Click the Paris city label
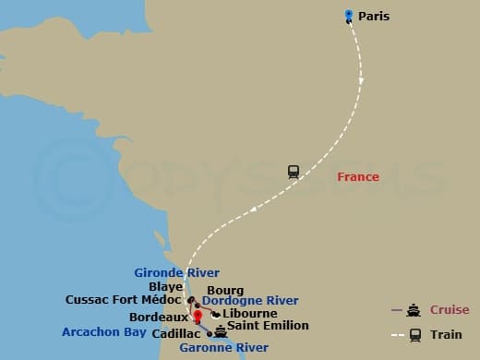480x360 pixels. coord(374,16)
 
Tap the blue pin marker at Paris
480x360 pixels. coord(349,15)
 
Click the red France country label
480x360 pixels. coord(358,177)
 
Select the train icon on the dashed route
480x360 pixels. coord(294,171)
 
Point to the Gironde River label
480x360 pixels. coord(176,273)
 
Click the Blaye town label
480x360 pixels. coord(166,287)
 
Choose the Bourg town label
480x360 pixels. coord(226,290)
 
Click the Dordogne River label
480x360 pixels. coord(250,301)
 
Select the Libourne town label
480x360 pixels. coord(250,313)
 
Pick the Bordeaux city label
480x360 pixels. coord(159,317)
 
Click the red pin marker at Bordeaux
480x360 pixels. coord(197,317)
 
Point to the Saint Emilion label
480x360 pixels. coord(268,326)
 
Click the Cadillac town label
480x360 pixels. coord(175,333)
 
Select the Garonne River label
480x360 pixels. coord(224,348)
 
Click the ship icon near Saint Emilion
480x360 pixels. coord(220,330)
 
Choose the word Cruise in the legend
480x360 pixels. coord(450,310)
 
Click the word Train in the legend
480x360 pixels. coord(447,334)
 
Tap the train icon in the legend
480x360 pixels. coord(415,334)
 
